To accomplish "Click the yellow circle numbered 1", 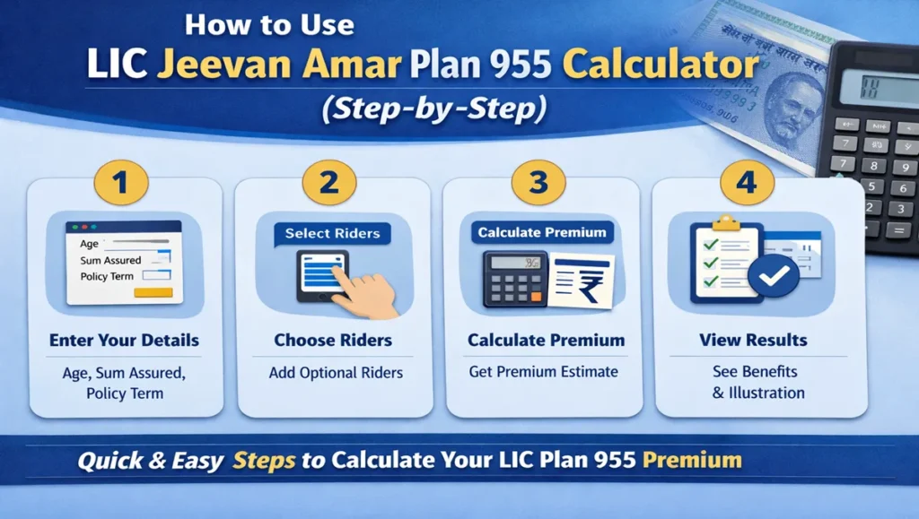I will click(x=121, y=184).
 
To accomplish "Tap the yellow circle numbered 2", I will click(x=328, y=184).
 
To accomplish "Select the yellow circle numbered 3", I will click(x=538, y=184).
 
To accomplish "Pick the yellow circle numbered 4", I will click(x=745, y=184).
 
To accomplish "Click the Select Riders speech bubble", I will click(x=332, y=233).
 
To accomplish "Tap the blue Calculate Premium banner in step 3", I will click(x=541, y=232).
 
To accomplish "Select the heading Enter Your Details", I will click(x=124, y=341).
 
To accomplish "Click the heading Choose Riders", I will click(x=333, y=341).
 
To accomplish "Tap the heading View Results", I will click(x=752, y=341).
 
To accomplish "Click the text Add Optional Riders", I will click(x=336, y=372).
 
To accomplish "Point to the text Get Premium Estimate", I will click(x=543, y=371).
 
